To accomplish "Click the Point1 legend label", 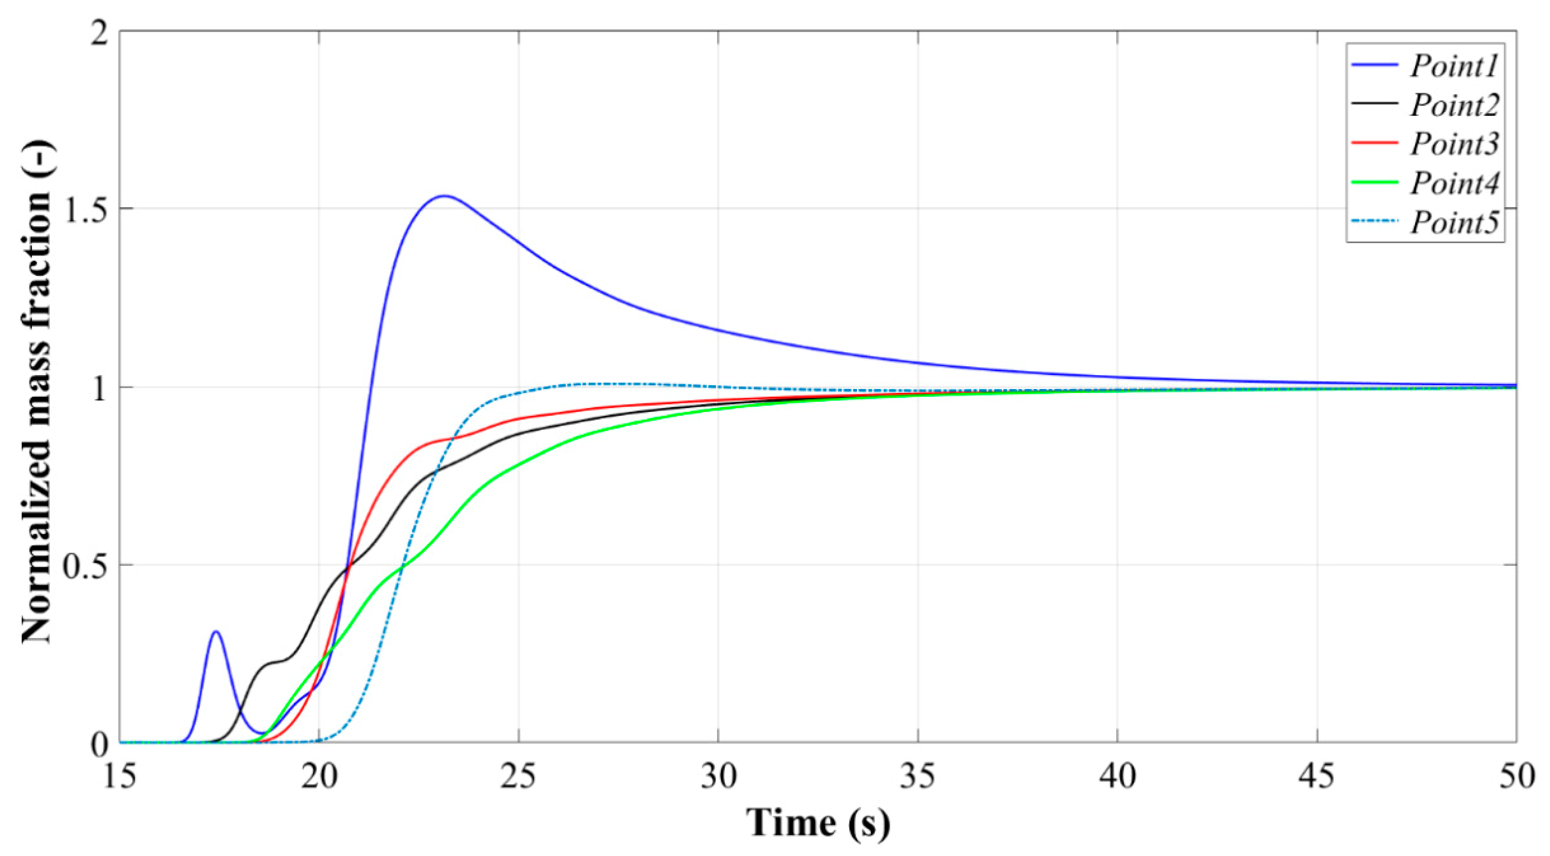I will [x=1454, y=66].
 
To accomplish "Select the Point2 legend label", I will [x=1454, y=105].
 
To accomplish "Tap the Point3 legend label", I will [x=1454, y=144].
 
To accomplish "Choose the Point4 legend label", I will [x=1454, y=183].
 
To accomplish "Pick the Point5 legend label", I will [x=1454, y=222].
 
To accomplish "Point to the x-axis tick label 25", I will [x=519, y=776].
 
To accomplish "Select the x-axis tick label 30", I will [x=719, y=776].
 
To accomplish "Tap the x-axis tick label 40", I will [x=1117, y=776].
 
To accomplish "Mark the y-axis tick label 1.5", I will [x=84, y=210].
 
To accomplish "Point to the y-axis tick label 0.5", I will [x=84, y=566].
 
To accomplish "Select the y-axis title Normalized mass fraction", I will [x=37, y=392].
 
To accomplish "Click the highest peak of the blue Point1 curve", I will [x=444, y=196].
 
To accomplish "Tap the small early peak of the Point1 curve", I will [x=215, y=631].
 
